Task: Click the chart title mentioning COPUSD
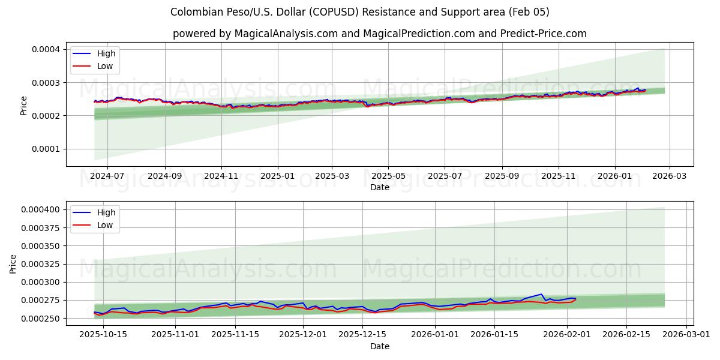pyautogui.click(x=359, y=12)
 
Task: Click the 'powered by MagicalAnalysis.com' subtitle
pyautogui.click(x=379, y=34)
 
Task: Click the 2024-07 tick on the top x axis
pyautogui.click(x=107, y=176)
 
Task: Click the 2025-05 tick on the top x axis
pyautogui.click(x=388, y=176)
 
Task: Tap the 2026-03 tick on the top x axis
pyautogui.click(x=670, y=176)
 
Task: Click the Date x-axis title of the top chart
pyautogui.click(x=379, y=187)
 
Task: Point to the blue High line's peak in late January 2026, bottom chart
pyautogui.click(x=541, y=294)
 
